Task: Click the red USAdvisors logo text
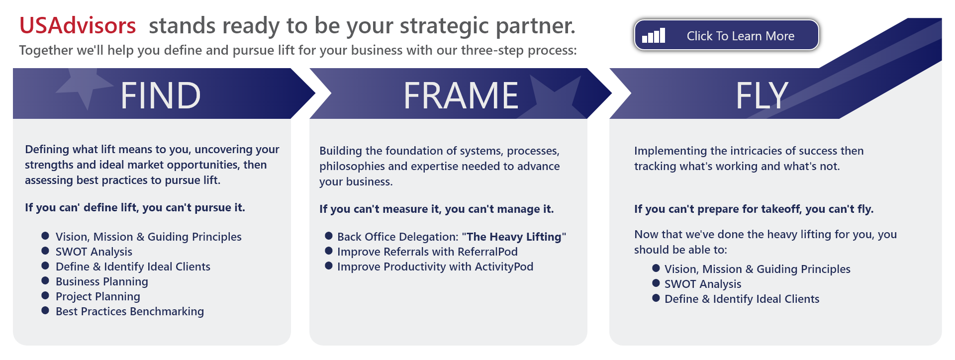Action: pyautogui.click(x=78, y=25)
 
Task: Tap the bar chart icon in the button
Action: pyautogui.click(x=654, y=35)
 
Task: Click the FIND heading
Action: pyautogui.click(x=161, y=95)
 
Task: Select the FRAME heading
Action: pyautogui.click(x=461, y=95)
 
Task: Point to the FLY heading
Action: pyautogui.click(x=762, y=95)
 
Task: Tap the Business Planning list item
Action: pyautogui.click(x=102, y=281)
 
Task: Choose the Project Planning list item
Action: pyautogui.click(x=98, y=296)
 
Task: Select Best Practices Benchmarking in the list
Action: pyautogui.click(x=130, y=311)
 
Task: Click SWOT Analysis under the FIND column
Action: pyautogui.click(x=94, y=252)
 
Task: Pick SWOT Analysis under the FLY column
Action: pyautogui.click(x=703, y=284)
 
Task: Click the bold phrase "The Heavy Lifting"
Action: pyautogui.click(x=514, y=237)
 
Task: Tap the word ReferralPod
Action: pyautogui.click(x=487, y=252)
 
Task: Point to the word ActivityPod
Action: pyautogui.click(x=504, y=267)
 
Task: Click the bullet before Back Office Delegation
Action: pyautogui.click(x=329, y=236)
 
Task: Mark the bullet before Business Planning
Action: pyautogui.click(x=45, y=280)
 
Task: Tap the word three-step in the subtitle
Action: pyautogui.click(x=492, y=50)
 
